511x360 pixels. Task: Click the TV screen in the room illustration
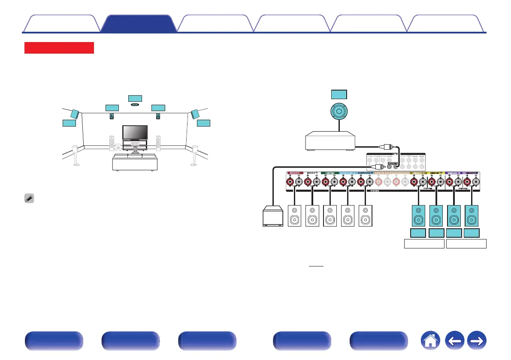135,132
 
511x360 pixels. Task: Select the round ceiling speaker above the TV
135,104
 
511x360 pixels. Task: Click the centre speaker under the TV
135,143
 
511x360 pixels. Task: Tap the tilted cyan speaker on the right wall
195,114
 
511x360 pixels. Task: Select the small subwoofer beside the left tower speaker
118,148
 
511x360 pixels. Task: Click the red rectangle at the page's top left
59,48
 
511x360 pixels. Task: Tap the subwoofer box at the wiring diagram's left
273,216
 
